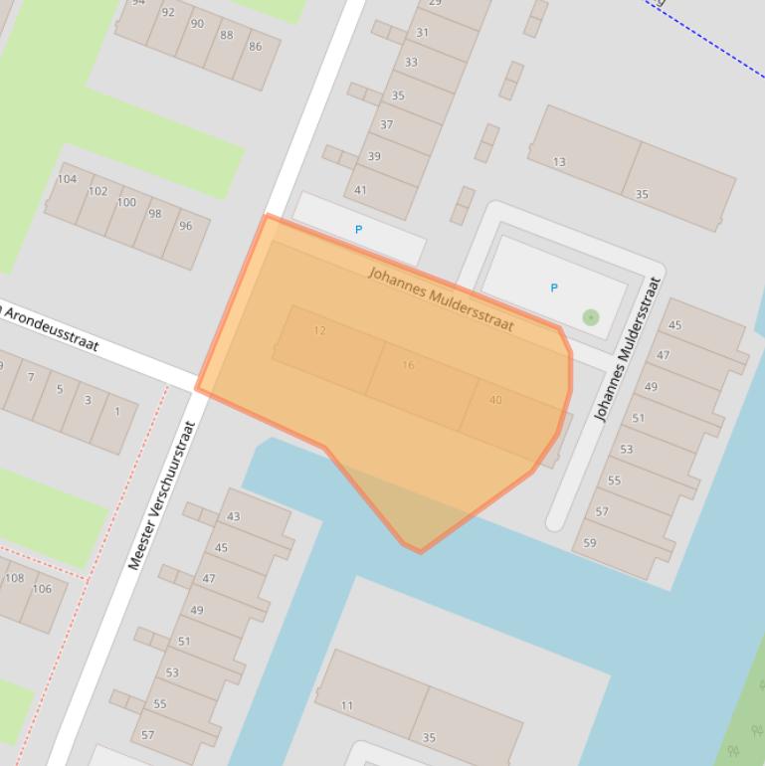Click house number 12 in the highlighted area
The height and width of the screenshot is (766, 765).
point(319,330)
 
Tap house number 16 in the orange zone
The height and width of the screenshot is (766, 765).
point(408,365)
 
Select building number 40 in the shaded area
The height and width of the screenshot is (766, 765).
point(495,400)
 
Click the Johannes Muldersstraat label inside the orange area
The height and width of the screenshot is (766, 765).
point(441,298)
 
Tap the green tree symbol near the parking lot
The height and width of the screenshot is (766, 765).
point(591,317)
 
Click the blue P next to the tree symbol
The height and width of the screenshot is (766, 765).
point(554,287)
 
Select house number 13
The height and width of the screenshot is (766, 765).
point(559,162)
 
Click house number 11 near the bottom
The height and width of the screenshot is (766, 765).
point(347,706)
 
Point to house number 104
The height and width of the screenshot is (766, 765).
point(67,179)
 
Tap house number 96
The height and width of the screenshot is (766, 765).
point(185,226)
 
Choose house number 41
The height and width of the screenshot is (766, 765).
point(360,190)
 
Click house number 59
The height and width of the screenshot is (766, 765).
point(590,542)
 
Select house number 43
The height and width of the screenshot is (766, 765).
point(234,516)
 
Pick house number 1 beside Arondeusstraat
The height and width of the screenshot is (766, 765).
point(117,411)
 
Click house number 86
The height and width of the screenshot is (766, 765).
point(256,47)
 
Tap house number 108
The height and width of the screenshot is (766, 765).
point(15,578)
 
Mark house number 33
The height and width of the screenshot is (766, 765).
point(411,62)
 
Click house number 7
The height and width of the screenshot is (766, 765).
point(31,377)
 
